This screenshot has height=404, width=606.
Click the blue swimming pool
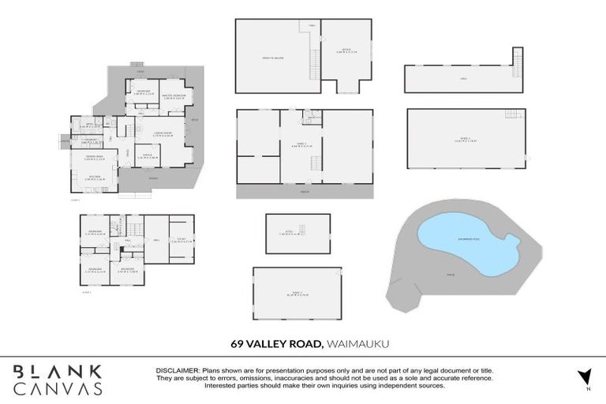click(466, 241)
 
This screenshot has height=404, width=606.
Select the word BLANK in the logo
click(57, 371)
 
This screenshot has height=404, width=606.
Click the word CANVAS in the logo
click(57, 388)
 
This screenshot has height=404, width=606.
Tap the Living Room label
click(163, 133)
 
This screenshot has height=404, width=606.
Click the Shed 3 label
click(463, 139)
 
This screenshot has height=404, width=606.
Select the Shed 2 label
click(297, 294)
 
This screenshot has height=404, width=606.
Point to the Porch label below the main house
click(153, 178)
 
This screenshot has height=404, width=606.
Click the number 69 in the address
click(237, 343)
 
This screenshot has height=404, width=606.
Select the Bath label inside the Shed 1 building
click(308, 116)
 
